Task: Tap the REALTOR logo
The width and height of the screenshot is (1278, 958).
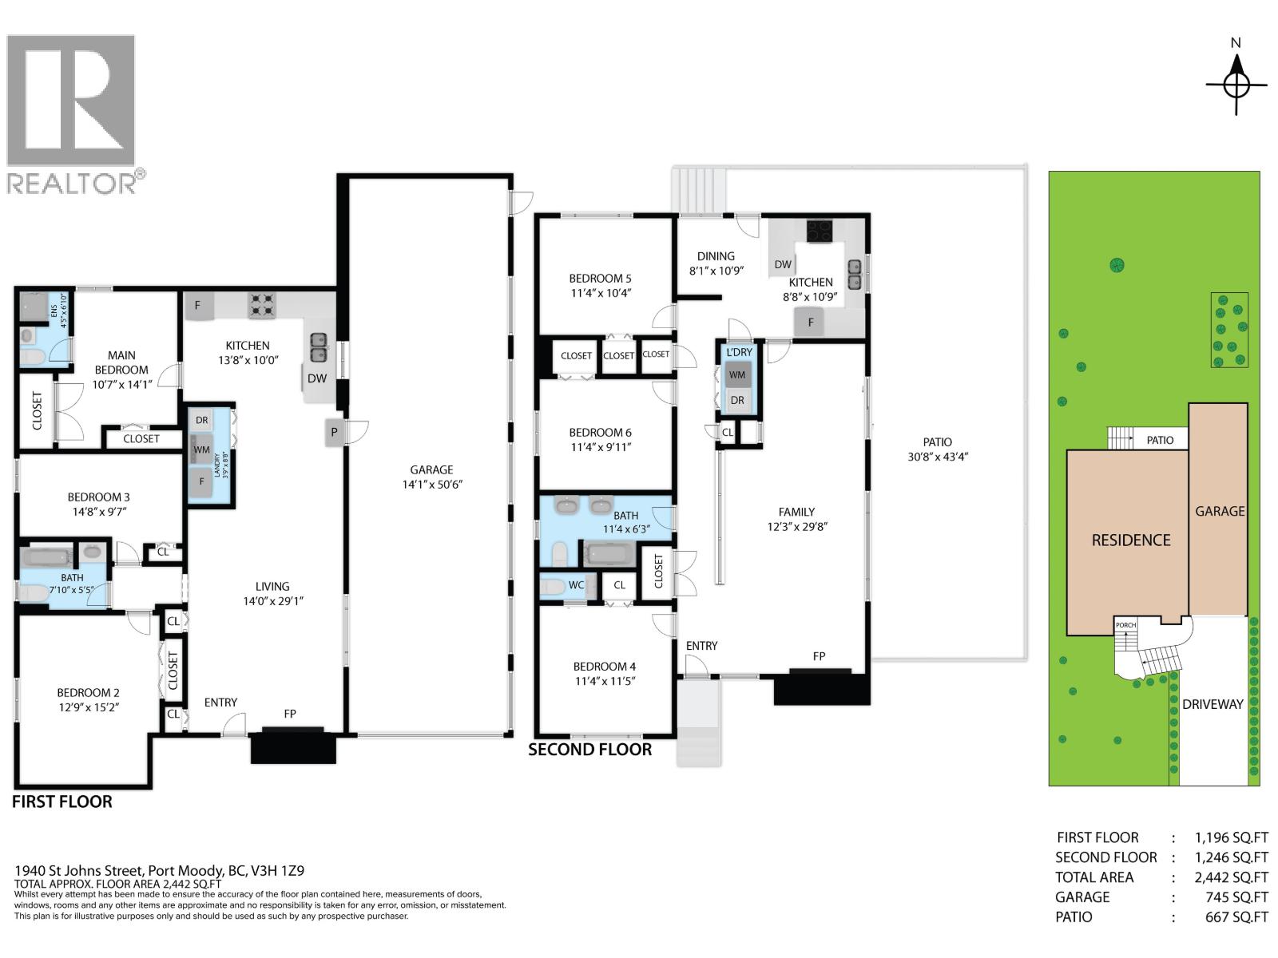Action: pyautogui.click(x=76, y=115)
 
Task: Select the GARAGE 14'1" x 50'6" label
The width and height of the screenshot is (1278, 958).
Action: pyautogui.click(x=431, y=477)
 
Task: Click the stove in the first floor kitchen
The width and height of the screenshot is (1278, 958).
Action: pyautogui.click(x=262, y=306)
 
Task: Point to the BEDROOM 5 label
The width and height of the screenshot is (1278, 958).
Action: pyautogui.click(x=600, y=279)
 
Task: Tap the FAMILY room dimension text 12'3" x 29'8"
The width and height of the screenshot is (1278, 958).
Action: pyautogui.click(x=797, y=527)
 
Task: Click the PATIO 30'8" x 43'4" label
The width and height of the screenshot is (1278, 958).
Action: pyautogui.click(x=938, y=449)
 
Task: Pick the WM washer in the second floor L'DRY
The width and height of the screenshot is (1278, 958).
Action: pyautogui.click(x=737, y=375)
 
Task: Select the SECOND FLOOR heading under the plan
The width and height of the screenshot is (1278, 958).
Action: pyautogui.click(x=589, y=750)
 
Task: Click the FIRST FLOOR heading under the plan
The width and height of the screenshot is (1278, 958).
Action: pyautogui.click(x=62, y=802)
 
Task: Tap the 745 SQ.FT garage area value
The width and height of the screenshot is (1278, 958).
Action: pyautogui.click(x=1236, y=897)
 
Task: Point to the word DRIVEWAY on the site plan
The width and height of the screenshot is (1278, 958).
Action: pyautogui.click(x=1213, y=704)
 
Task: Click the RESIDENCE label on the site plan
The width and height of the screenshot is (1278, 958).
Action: pyautogui.click(x=1131, y=540)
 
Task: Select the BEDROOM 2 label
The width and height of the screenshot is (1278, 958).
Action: pyautogui.click(x=88, y=693)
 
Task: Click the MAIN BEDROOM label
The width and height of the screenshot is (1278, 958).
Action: pyautogui.click(x=121, y=362)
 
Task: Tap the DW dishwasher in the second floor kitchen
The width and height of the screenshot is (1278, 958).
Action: pyautogui.click(x=783, y=265)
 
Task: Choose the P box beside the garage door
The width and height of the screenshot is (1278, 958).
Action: pyautogui.click(x=334, y=432)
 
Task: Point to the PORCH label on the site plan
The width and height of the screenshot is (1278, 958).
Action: pyautogui.click(x=1125, y=625)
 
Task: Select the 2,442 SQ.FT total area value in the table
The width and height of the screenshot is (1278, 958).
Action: pyautogui.click(x=1232, y=877)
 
